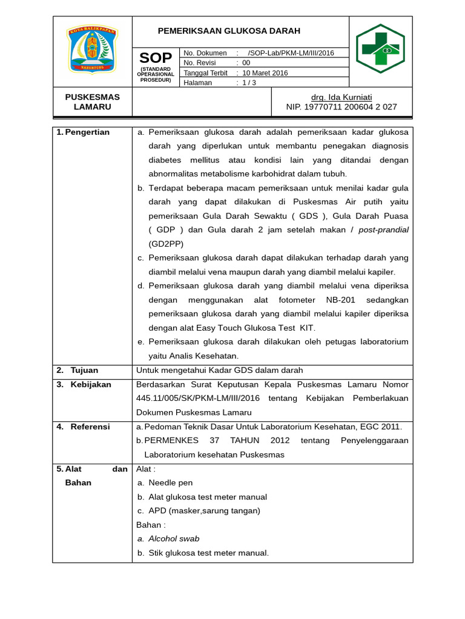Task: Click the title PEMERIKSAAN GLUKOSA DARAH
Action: (229, 31)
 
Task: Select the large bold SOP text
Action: (156, 58)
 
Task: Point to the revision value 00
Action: (246, 63)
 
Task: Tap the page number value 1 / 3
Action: (249, 83)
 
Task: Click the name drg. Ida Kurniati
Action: (341, 97)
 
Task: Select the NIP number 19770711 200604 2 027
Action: (341, 107)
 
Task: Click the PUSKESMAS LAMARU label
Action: (93, 102)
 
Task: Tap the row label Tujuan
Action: (84, 370)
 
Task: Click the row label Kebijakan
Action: (91, 384)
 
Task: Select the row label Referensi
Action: (90, 427)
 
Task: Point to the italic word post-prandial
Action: (383, 230)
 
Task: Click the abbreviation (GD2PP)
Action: (165, 244)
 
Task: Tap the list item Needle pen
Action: (170, 482)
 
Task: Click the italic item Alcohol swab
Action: (174, 539)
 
